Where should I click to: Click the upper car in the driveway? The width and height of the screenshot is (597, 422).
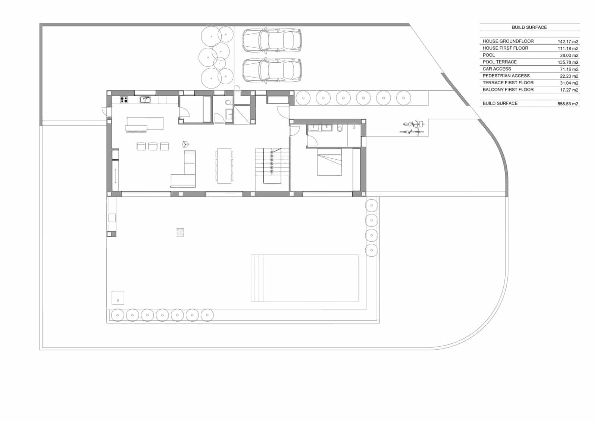272,40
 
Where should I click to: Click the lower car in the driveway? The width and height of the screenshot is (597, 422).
272,70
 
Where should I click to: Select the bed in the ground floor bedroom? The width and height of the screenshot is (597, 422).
329,162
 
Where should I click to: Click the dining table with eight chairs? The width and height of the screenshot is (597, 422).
224,166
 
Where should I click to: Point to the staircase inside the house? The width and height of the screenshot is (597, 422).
272,165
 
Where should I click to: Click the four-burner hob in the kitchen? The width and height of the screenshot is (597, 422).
124,100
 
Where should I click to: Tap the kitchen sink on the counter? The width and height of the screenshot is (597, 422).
145,100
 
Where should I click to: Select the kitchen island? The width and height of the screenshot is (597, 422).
145,124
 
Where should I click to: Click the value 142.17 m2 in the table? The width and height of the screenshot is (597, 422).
568,42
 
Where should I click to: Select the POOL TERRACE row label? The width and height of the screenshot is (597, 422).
499,62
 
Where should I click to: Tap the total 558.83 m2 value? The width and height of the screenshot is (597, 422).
568,104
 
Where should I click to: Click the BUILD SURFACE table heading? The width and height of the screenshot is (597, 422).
529,27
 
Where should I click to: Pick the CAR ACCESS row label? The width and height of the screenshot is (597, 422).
497,69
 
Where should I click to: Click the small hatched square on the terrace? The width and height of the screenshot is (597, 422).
180,232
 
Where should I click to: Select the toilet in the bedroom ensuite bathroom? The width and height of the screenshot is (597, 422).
340,129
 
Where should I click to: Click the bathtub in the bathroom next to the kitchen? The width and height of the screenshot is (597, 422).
207,109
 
